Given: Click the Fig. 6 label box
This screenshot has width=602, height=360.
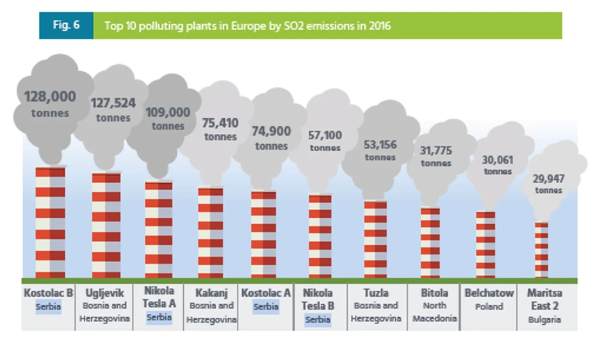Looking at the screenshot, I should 66,26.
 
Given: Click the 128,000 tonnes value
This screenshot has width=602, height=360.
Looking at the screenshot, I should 50,97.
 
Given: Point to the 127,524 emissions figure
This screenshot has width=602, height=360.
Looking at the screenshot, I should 113,102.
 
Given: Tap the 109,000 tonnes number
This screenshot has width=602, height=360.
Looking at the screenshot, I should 168,113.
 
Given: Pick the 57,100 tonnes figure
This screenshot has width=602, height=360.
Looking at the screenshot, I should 325,135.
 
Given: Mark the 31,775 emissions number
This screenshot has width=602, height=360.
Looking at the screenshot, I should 435,151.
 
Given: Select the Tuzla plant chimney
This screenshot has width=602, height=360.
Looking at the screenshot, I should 376,240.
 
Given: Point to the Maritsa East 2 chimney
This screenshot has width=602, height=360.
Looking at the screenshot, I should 542,250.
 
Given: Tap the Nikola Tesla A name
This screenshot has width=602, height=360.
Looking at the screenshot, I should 159,298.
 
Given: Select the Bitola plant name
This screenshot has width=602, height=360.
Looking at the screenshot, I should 435,293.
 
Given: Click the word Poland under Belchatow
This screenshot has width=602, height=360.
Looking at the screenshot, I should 489,306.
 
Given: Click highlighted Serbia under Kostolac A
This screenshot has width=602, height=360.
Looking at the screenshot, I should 265,307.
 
